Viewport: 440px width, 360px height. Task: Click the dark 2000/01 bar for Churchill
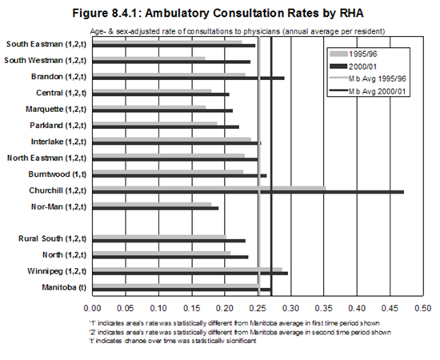point(248,192)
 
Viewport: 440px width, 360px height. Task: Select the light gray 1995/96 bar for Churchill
point(210,188)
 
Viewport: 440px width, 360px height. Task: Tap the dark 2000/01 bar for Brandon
point(188,78)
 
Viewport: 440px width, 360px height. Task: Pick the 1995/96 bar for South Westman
point(149,58)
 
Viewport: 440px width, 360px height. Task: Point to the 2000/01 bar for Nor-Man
point(155,208)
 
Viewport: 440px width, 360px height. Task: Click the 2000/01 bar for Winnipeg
point(190,274)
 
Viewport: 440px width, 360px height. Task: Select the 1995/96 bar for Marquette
point(149,107)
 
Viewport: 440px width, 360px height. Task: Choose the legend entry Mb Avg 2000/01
point(368,91)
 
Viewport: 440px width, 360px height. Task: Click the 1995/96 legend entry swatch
point(338,54)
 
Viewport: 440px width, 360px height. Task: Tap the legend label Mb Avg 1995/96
point(377,79)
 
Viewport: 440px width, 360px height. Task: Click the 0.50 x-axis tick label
point(423,308)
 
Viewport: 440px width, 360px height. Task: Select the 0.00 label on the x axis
point(92,308)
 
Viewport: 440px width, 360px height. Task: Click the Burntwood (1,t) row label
point(58,174)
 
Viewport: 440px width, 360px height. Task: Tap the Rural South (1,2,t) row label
point(53,238)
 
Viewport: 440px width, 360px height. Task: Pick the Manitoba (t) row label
point(64,288)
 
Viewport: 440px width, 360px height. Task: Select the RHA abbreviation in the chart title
point(352,13)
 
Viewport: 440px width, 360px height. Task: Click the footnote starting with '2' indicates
point(240,332)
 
